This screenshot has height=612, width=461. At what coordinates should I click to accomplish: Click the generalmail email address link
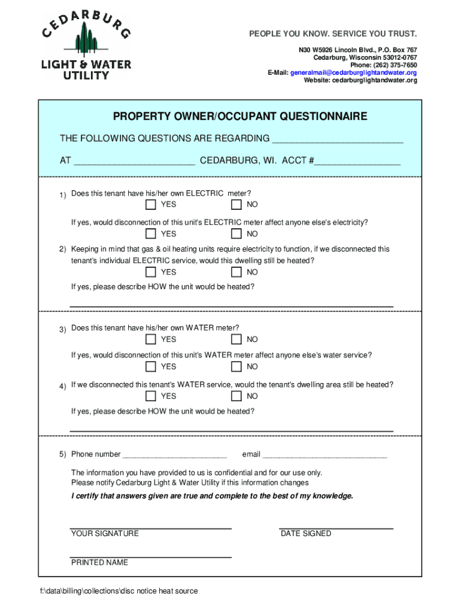(353, 72)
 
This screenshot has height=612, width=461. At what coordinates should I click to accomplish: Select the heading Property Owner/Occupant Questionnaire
(240, 116)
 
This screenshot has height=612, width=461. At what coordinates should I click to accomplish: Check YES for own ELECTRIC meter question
(151, 205)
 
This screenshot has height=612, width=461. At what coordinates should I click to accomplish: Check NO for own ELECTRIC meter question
(236, 205)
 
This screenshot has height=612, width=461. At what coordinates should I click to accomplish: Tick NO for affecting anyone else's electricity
(236, 234)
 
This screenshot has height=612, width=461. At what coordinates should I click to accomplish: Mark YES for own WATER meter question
(151, 339)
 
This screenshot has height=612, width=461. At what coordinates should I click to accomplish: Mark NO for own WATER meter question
(236, 339)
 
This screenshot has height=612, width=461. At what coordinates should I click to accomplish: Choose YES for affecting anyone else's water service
(151, 366)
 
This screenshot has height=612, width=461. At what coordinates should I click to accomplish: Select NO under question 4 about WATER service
(236, 396)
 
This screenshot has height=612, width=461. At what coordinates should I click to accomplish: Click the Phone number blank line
(175, 455)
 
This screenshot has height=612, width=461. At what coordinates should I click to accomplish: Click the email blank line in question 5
(324, 455)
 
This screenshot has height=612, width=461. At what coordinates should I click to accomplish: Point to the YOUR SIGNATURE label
(105, 533)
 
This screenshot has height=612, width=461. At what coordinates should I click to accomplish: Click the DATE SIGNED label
(305, 533)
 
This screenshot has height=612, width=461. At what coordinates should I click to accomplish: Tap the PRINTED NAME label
(99, 562)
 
